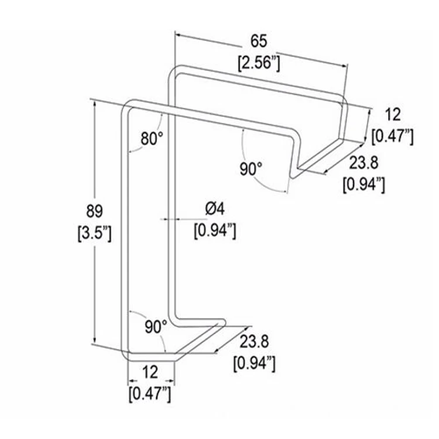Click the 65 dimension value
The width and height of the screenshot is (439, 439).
(258, 41)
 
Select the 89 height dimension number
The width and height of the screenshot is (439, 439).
(94, 210)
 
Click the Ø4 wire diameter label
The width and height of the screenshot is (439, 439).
(215, 208)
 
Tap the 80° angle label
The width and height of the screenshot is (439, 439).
(152, 139)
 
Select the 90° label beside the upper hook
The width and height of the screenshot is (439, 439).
(251, 169)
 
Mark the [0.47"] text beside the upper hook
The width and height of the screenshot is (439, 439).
(392, 136)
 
